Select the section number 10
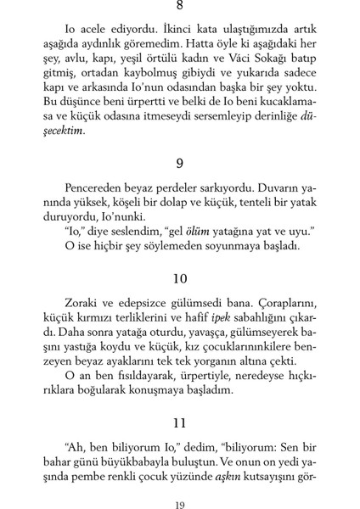(179, 278)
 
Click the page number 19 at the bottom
(179, 504)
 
